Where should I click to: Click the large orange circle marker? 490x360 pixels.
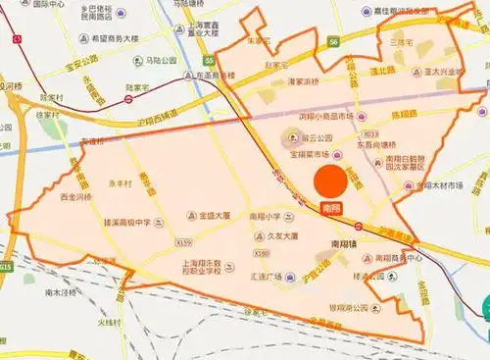tap(329, 181)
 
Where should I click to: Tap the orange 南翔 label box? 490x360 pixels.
tap(331, 209)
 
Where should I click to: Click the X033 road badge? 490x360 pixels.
tap(369, 134)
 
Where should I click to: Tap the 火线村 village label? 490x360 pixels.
tap(108, 322)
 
